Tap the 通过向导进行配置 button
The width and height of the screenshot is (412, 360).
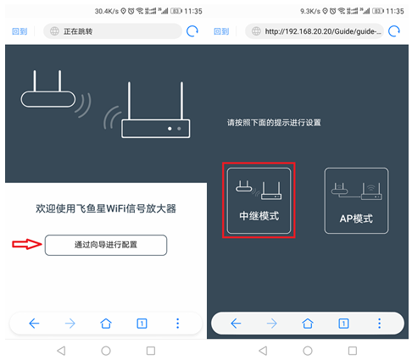105,245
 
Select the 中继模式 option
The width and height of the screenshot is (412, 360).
259,201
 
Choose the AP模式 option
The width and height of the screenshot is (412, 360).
356,201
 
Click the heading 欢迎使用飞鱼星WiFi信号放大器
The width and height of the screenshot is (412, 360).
106,208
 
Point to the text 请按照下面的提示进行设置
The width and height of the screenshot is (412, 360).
279,123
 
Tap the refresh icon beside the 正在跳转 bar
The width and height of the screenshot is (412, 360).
193,31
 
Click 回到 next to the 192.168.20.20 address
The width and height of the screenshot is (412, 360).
222,31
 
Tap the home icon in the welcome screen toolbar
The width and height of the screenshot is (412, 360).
106,323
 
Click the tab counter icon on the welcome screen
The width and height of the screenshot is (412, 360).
142,323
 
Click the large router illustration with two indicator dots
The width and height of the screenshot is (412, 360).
155,114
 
